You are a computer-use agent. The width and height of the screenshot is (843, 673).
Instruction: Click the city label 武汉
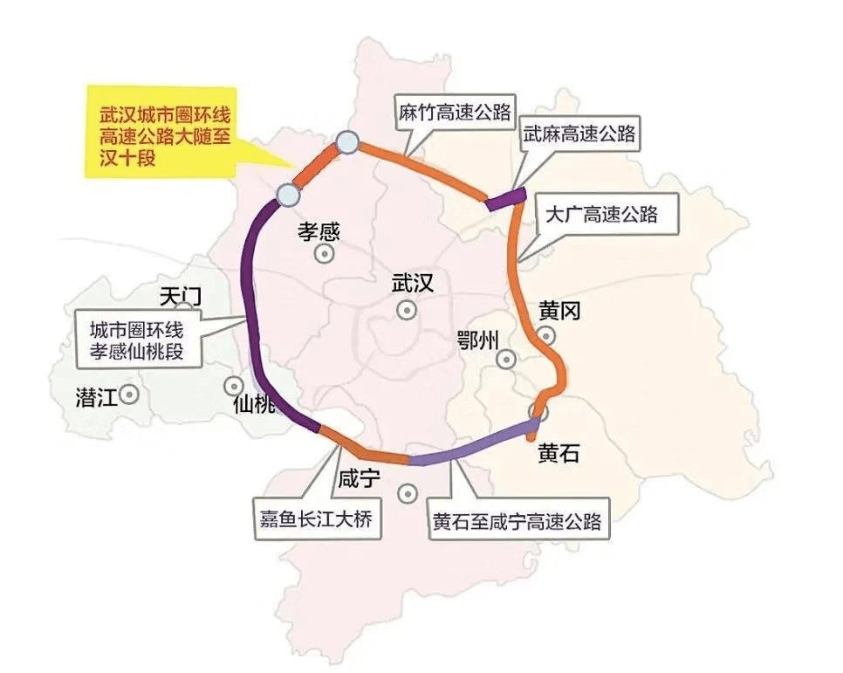pos(412,283)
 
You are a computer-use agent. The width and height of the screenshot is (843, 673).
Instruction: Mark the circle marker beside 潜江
pos(129,395)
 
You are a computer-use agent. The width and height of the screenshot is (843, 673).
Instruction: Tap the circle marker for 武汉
pos(406,309)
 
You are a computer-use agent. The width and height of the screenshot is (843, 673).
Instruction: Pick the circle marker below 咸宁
pos(406,494)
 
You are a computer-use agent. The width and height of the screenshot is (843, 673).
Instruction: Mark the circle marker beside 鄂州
pos(506,359)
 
